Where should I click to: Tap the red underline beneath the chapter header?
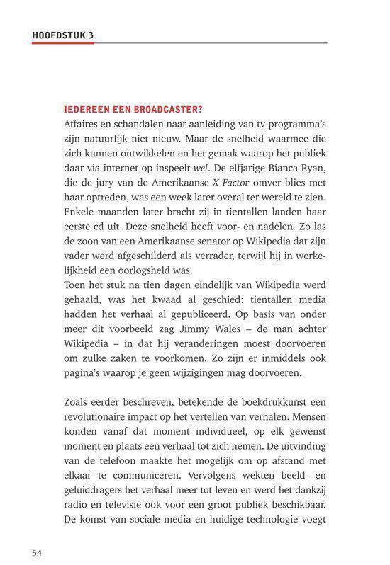pos(62,42)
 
